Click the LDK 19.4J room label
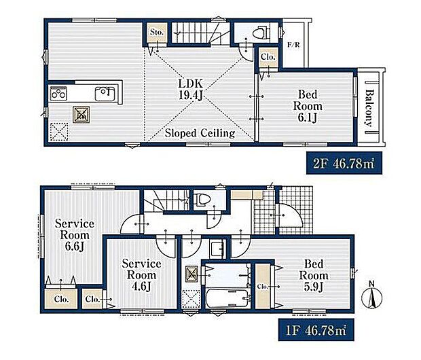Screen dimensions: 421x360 (x=191, y=90)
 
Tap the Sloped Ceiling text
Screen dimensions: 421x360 (x=200, y=133)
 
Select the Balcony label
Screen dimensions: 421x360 (x=369, y=108)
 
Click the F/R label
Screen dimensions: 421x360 (x=293, y=45)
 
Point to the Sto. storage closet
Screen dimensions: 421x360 (x=157, y=32)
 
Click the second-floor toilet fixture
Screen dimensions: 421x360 (x=260, y=32)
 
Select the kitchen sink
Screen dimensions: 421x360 (x=105, y=94)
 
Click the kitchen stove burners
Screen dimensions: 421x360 (x=58, y=94)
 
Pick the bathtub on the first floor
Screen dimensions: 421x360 (x=227, y=298)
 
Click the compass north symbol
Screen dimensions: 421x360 (x=371, y=296)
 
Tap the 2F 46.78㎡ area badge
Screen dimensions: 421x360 (x=344, y=163)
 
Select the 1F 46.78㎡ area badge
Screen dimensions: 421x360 (x=316, y=329)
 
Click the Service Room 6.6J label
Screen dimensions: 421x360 (x=75, y=235)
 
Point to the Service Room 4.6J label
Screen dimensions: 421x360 (x=141, y=275)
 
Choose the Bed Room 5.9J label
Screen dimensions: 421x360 (x=314, y=275)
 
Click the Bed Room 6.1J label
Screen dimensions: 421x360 (x=308, y=106)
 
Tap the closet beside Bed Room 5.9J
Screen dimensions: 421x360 (x=263, y=286)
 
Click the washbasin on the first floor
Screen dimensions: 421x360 (x=217, y=249)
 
